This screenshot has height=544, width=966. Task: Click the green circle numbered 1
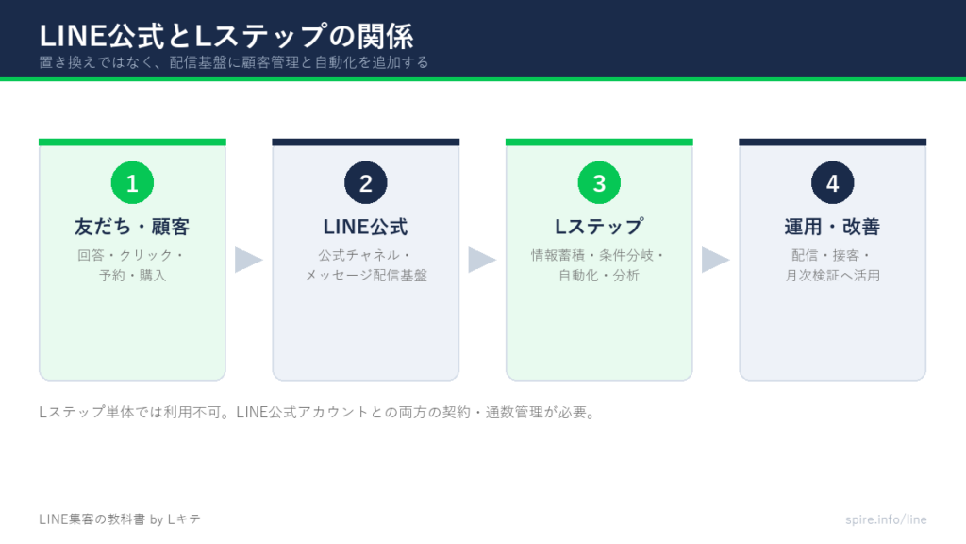(132, 182)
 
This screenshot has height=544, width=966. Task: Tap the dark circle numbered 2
(366, 182)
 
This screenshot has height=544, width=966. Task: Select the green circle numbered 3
(599, 182)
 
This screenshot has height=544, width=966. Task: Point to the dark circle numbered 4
(833, 182)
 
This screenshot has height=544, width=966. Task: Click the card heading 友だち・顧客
(132, 227)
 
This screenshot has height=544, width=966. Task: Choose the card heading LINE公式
(366, 227)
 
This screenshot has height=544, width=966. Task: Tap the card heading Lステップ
(599, 227)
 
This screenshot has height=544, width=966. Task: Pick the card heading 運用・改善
(833, 227)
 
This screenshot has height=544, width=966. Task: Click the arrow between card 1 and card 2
(248, 261)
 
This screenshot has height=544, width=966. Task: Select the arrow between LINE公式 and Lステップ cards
(481, 261)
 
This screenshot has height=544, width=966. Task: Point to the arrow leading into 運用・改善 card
(715, 261)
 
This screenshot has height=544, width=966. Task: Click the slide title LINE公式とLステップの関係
(226, 36)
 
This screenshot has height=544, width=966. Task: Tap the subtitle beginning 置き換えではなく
(234, 62)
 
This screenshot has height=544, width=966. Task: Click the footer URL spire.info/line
(886, 519)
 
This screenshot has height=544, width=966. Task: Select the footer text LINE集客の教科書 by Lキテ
(120, 519)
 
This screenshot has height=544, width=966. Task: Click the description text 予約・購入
(132, 276)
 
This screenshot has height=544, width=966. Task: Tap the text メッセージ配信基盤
(366, 276)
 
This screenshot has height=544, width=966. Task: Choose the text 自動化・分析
(599, 276)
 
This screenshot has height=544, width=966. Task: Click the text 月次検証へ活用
(833, 276)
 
